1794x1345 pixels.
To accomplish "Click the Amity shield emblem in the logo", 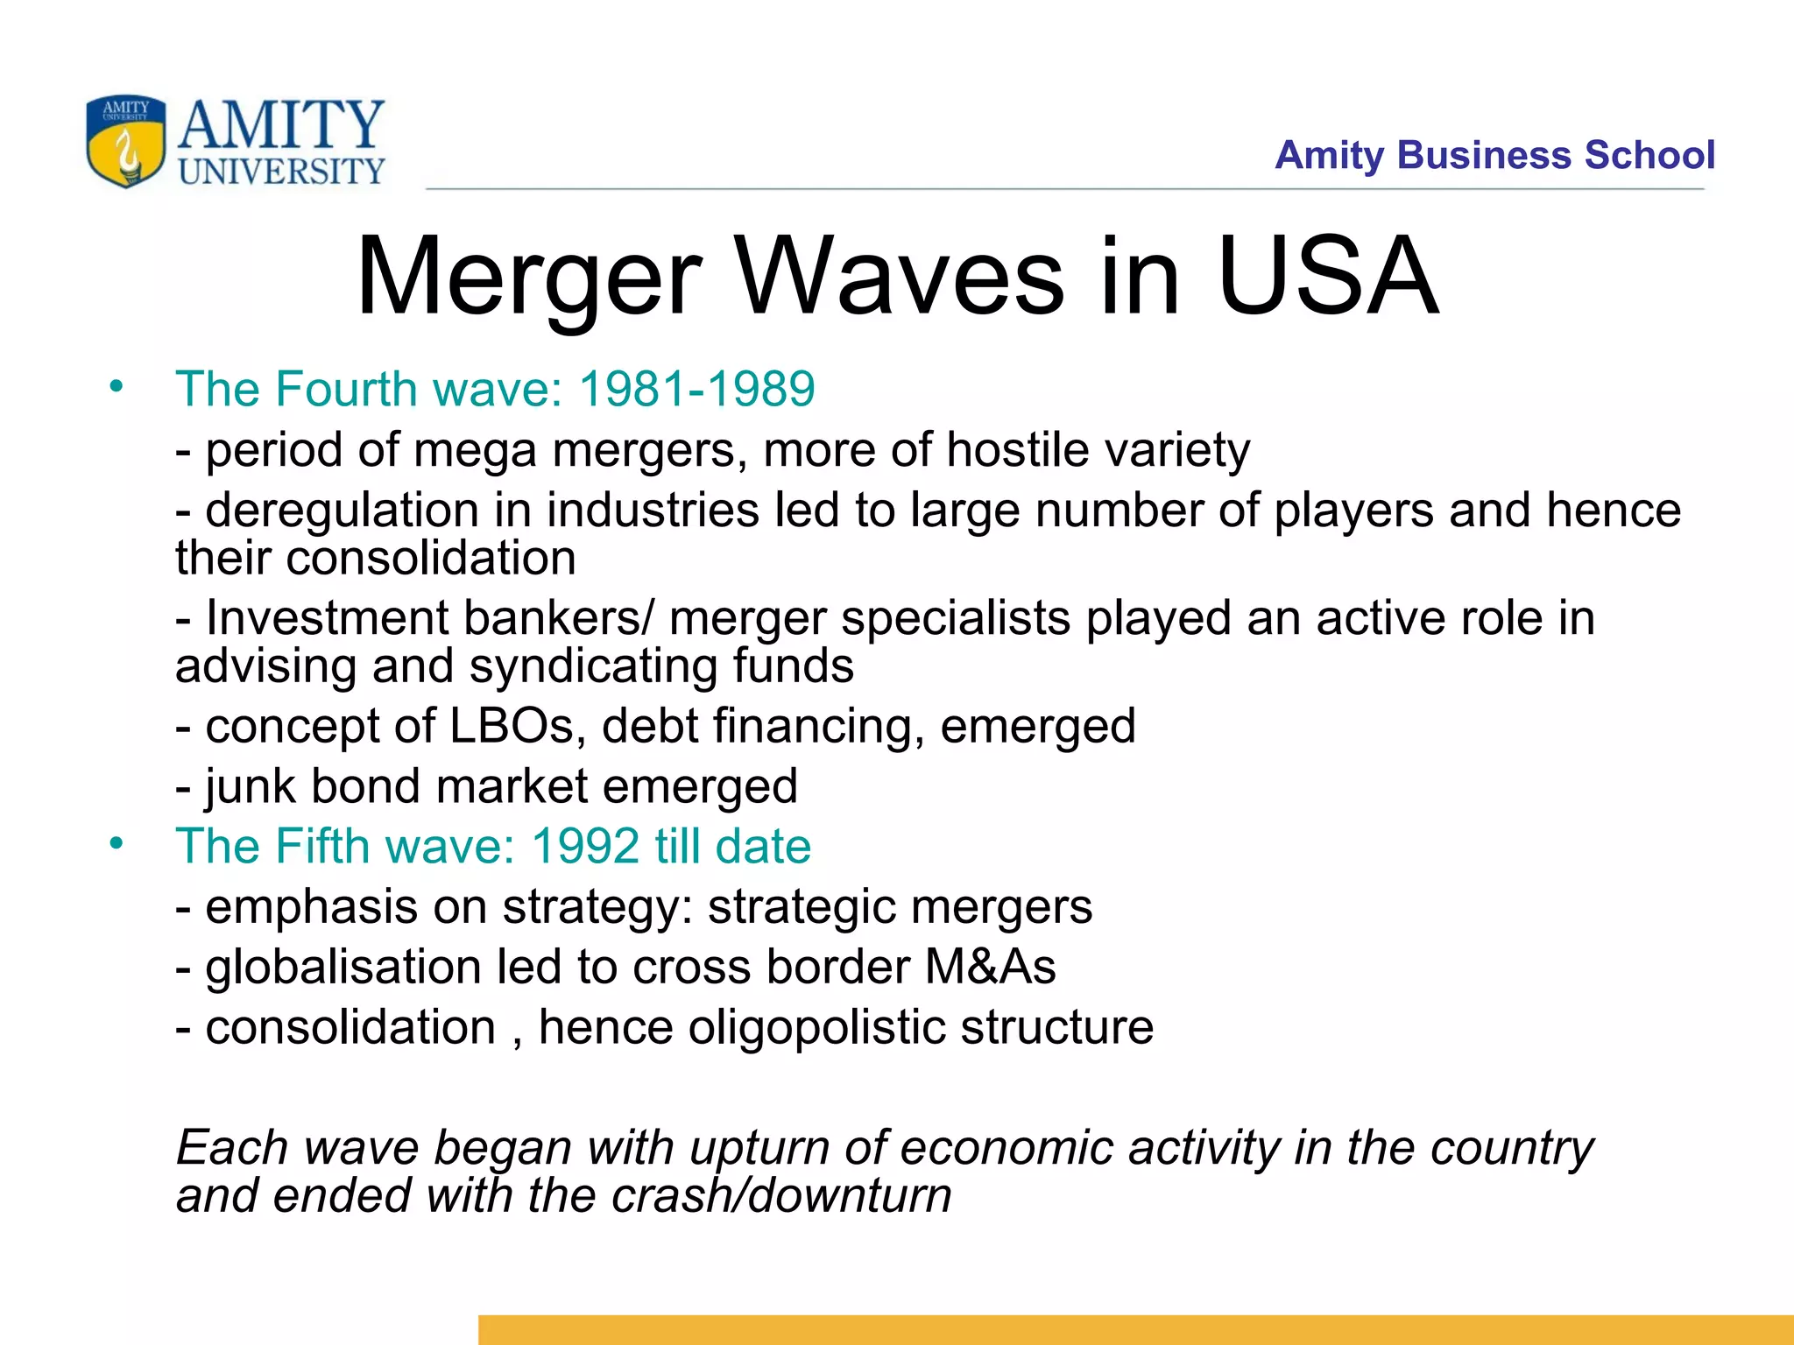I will (125, 140).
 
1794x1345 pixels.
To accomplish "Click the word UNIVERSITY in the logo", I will (281, 171).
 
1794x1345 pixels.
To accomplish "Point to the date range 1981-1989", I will (697, 389).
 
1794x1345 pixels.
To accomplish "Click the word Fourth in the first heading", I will (345, 389).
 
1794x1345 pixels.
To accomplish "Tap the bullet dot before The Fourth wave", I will (117, 386).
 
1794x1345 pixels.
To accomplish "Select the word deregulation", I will (342, 511).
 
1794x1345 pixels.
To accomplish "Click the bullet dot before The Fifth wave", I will (117, 843).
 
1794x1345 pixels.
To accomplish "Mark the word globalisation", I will (343, 968).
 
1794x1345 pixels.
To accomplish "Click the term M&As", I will (991, 968).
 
